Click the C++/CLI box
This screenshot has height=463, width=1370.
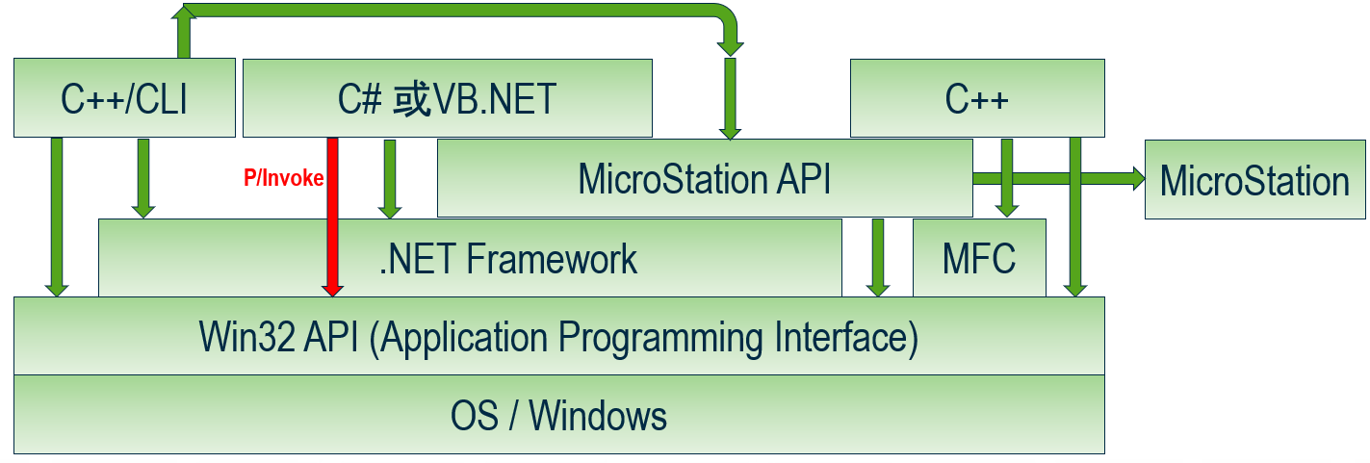click(124, 98)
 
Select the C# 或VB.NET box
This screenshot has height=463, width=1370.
click(447, 98)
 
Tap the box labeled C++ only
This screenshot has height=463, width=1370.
click(977, 98)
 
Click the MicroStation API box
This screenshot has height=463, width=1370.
click(705, 178)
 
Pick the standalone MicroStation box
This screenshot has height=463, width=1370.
click(1255, 179)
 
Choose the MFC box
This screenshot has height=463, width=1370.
click(979, 258)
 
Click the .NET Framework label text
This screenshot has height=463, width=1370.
click(507, 259)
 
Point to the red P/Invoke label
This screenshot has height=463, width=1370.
click(283, 178)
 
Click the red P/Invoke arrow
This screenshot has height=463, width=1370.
click(333, 218)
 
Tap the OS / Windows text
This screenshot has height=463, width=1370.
click(558, 416)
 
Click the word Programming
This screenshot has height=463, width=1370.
click(659, 338)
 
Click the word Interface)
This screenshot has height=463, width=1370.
click(846, 337)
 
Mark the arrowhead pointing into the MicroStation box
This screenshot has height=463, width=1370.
click(1138, 179)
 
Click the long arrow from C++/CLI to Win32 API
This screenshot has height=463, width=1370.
click(57, 218)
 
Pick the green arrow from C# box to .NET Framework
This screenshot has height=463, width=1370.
click(390, 179)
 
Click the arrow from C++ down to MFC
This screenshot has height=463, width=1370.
click(1007, 178)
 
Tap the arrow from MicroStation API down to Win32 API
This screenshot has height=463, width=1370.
click(878, 258)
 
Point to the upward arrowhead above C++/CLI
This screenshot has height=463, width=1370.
click(184, 13)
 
